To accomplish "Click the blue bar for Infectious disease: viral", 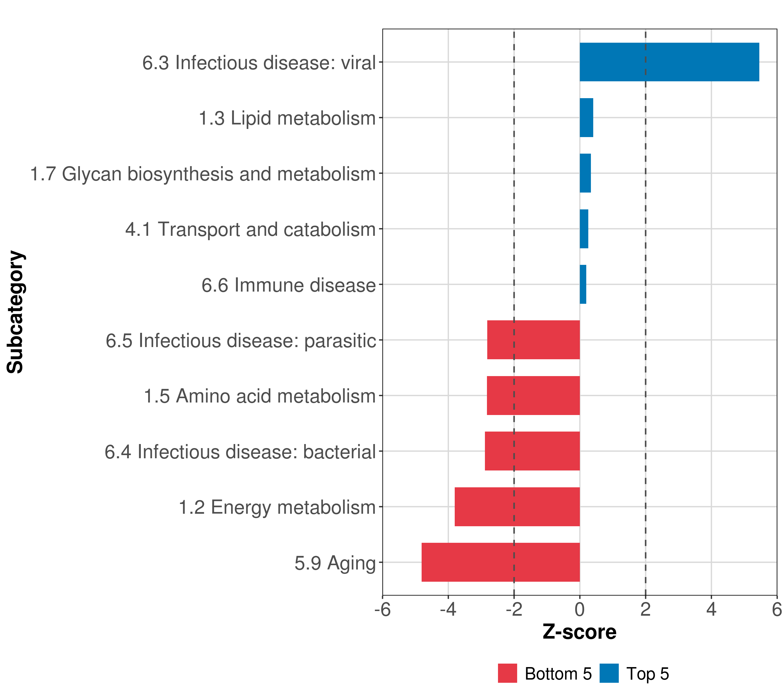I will coord(669,62).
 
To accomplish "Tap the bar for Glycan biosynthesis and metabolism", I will coord(585,173).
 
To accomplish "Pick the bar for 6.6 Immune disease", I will coord(583,284).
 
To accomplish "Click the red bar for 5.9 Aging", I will coord(501,562).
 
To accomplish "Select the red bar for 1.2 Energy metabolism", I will coord(517,506).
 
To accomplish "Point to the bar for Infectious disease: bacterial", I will coord(532,451).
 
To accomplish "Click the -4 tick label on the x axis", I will coord(448,609).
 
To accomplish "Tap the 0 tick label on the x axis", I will coord(580,609).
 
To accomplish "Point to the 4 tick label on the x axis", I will coord(711,609).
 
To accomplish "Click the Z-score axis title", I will coord(579,632).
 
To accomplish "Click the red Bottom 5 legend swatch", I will coord(507,673).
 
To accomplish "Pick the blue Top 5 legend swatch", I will coord(609,673).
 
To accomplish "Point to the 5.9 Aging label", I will coord(335,563).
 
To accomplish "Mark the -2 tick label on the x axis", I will coord(514,609).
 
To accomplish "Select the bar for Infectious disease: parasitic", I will coord(533,339).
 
